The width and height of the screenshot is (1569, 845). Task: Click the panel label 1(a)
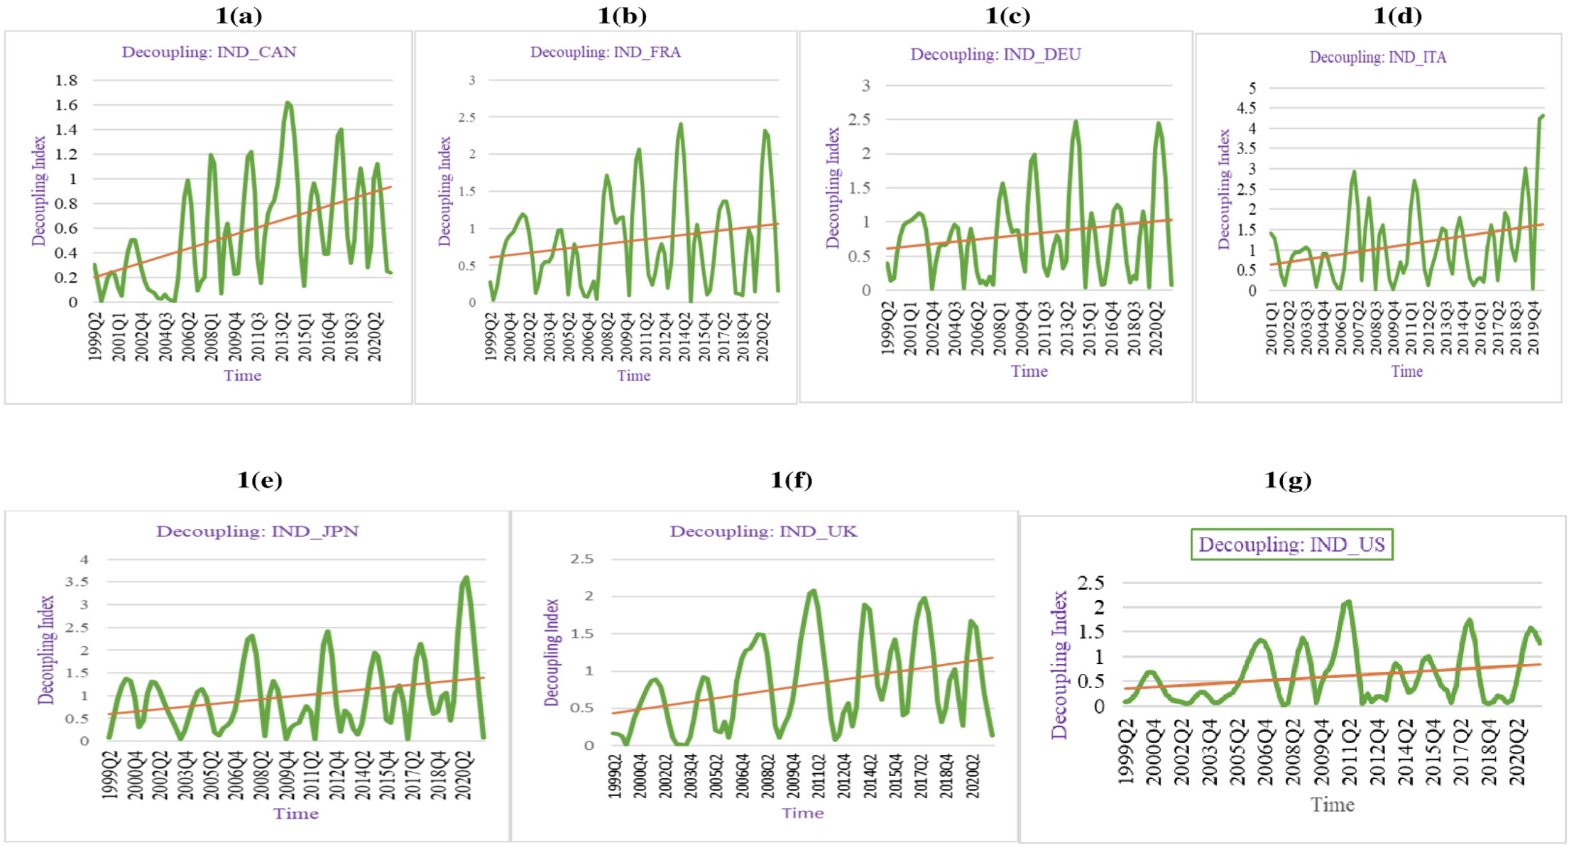click(239, 16)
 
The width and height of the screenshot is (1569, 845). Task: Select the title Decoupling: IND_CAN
click(209, 52)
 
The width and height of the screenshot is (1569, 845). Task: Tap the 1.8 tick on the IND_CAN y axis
click(66, 80)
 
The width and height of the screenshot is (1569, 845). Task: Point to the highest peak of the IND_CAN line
click(288, 103)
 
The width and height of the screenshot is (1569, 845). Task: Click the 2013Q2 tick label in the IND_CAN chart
click(283, 337)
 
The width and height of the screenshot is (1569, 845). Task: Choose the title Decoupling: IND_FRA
click(605, 52)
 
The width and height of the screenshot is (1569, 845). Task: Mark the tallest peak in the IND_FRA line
click(681, 125)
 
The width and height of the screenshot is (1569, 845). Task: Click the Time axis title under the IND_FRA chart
click(633, 376)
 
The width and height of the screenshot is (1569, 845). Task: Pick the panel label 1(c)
click(1007, 16)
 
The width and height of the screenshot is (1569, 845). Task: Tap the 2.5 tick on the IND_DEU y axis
click(860, 119)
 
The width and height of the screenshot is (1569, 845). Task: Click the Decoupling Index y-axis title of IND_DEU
click(833, 187)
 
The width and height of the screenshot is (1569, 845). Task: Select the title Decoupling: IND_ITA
click(1377, 57)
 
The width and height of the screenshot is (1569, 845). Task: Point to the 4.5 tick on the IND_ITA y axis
click(1246, 108)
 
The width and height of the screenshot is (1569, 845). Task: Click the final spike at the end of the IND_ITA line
click(1541, 116)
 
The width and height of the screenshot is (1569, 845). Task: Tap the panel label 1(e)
click(259, 480)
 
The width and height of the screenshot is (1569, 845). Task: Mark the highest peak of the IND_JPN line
click(466, 578)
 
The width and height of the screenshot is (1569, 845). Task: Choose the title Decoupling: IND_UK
click(763, 531)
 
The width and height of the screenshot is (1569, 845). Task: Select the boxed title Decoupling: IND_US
click(1291, 545)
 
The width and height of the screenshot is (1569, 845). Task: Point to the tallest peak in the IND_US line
click(1347, 602)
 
